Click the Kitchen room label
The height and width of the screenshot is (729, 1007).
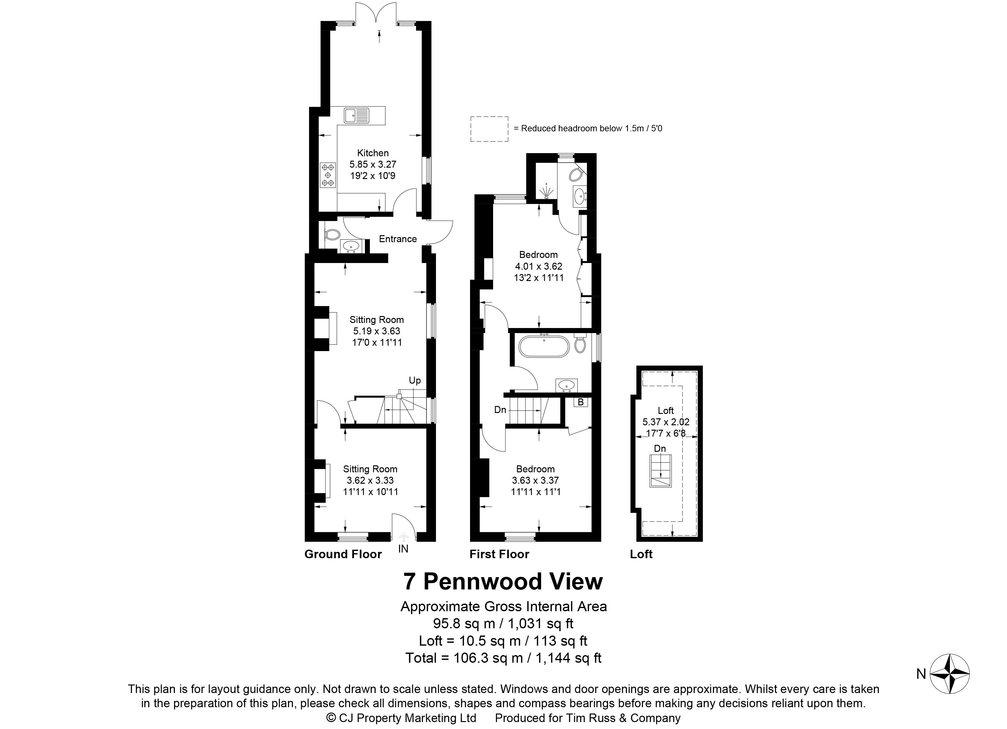click(x=373, y=153)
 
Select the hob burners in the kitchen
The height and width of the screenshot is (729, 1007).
click(x=328, y=175)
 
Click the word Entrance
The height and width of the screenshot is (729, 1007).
click(x=398, y=239)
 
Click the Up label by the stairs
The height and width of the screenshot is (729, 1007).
click(x=415, y=380)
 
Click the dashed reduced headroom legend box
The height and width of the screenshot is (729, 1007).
click(x=489, y=129)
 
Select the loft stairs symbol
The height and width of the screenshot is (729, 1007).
click(x=661, y=471)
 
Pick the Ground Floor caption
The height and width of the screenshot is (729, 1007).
click(x=343, y=554)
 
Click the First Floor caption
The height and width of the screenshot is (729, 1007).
click(x=499, y=554)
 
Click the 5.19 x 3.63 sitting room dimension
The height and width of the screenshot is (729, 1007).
click(x=377, y=331)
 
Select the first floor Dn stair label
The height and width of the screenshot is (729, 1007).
click(x=500, y=410)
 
